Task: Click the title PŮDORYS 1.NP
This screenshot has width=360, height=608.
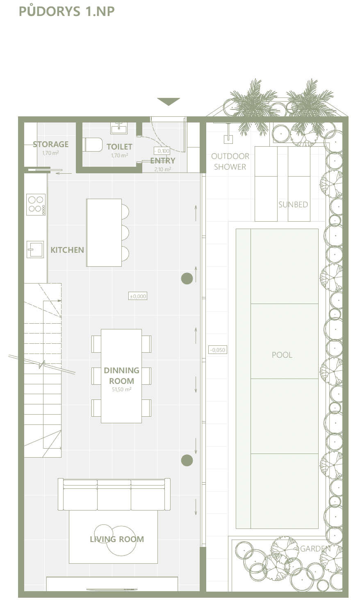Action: (x=66, y=11)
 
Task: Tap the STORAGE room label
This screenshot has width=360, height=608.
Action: (x=50, y=144)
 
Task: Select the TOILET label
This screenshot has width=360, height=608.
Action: (x=119, y=147)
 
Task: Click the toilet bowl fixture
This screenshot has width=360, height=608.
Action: (x=93, y=144)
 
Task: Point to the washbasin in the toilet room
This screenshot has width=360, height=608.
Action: (x=119, y=128)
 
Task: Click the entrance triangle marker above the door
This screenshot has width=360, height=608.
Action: (x=169, y=102)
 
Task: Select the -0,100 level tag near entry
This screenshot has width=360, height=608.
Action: (x=162, y=151)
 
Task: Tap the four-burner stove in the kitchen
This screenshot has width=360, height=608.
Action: (x=36, y=204)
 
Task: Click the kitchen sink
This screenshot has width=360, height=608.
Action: (x=35, y=249)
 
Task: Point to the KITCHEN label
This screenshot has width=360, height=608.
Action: (x=67, y=250)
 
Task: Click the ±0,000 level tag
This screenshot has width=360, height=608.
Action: (x=138, y=296)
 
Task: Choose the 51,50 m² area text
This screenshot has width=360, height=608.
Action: (x=122, y=389)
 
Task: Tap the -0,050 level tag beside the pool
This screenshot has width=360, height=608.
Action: (x=218, y=350)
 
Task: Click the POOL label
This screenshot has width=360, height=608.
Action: (x=282, y=355)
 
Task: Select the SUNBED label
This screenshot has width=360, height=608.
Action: (x=293, y=204)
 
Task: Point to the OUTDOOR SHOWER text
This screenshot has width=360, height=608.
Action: (x=230, y=161)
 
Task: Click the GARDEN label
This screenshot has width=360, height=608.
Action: (x=315, y=549)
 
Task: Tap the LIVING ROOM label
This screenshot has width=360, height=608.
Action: (x=117, y=539)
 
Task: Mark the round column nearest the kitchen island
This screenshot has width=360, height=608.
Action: (x=187, y=279)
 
